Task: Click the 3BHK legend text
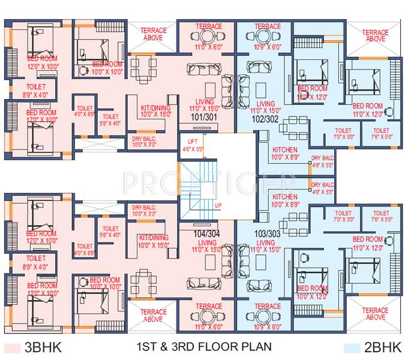[x=43, y=347]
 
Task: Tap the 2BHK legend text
[x=382, y=347]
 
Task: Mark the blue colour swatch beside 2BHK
[x=353, y=347]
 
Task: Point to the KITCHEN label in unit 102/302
[x=284, y=150]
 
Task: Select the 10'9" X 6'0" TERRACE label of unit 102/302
[x=267, y=30]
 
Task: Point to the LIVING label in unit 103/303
[x=265, y=242]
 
